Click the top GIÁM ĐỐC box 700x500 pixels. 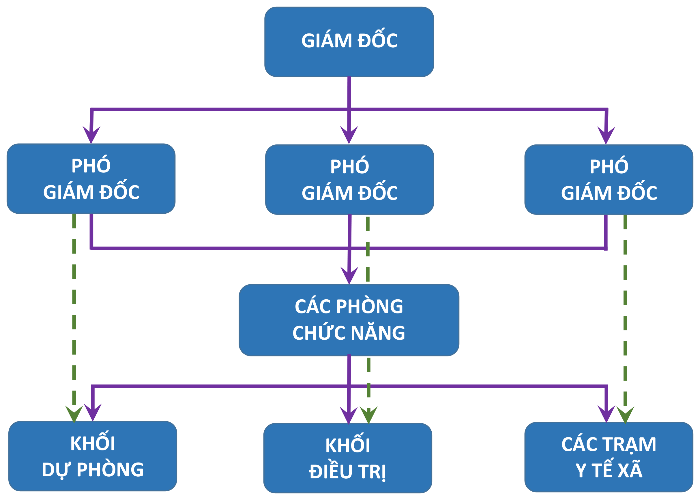[x=349, y=42]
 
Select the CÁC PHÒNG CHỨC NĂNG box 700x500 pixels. [x=349, y=320]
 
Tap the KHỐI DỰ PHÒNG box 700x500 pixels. [x=93, y=456]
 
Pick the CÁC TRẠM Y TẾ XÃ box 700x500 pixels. [x=609, y=457]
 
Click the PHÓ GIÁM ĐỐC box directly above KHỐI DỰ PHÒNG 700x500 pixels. [x=91, y=178]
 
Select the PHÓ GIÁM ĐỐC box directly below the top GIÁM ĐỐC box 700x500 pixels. [x=349, y=179]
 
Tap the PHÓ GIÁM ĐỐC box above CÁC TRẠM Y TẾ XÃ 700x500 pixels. [x=609, y=179]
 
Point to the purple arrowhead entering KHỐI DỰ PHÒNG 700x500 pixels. [x=92, y=412]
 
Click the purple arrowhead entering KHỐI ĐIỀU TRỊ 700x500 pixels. [x=349, y=415]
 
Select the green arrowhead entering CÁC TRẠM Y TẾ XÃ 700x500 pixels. [x=625, y=415]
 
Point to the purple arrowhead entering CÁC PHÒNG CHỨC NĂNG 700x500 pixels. [x=349, y=275]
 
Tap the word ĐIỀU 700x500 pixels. [x=331, y=470]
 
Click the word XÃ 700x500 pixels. [x=630, y=469]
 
